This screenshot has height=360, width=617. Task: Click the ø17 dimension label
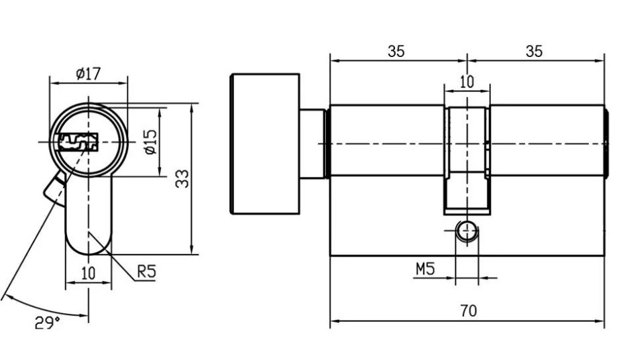[x=88, y=73]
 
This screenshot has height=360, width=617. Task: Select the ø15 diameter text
[x=150, y=142]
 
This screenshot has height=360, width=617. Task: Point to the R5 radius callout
[x=146, y=272]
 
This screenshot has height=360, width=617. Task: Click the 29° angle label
[x=47, y=323]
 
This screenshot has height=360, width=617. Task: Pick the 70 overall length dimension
[x=468, y=310]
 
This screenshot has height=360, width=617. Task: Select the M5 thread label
[x=425, y=269]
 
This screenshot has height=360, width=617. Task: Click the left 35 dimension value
[x=396, y=52]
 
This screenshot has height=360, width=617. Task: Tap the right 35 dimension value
[x=534, y=52]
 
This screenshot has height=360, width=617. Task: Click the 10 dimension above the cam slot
[x=466, y=82]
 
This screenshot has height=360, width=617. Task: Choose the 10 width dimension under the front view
[x=88, y=273]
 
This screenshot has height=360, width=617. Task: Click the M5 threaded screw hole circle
[x=466, y=232]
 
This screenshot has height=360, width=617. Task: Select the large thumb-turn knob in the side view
[x=264, y=143]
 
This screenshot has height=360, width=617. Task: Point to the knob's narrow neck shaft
[x=313, y=143]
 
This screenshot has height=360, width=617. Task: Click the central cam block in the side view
[x=466, y=158]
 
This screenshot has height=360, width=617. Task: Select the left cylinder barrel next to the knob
[x=386, y=141]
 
